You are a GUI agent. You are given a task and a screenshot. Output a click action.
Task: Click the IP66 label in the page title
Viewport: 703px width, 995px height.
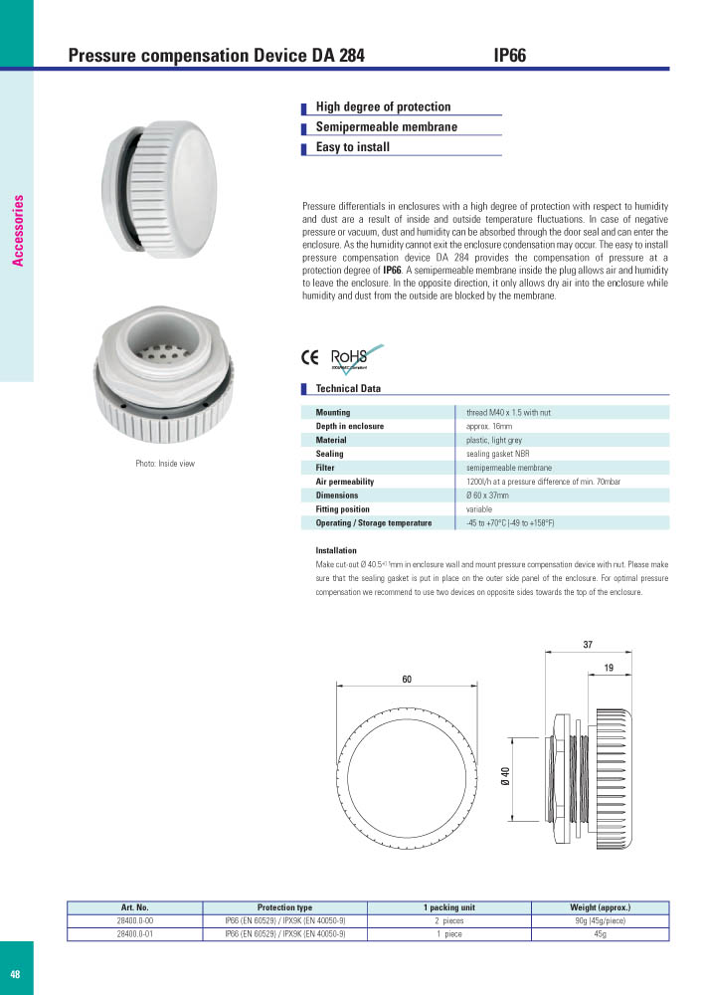tap(509, 57)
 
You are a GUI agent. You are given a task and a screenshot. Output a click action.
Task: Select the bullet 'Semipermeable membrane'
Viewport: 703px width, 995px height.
tap(386, 127)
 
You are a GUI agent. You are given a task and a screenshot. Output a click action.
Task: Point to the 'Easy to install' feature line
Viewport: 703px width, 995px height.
tap(352, 147)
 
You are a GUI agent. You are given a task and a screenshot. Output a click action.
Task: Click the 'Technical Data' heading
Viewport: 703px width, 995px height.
tap(347, 389)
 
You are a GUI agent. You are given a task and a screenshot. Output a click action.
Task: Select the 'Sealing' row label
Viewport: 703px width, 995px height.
tap(329, 454)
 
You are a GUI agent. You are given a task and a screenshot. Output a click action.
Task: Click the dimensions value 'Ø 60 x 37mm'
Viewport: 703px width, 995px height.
tap(487, 496)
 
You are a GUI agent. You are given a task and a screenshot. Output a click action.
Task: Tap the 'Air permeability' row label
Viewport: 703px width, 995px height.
tap(343, 482)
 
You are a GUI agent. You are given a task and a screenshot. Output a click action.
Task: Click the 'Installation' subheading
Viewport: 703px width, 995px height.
tap(335, 550)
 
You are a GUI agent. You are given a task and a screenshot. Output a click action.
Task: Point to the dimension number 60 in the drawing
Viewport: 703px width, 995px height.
tap(407, 679)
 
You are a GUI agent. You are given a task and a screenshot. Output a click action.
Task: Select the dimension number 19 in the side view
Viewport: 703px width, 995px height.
tap(608, 671)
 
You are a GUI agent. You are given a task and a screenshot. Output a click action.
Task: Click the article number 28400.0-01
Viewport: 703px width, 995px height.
tap(134, 934)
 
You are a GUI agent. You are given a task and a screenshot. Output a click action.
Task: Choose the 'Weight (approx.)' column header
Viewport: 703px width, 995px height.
tap(601, 907)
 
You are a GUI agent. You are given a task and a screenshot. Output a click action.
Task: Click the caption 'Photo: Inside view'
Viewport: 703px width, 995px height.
tap(165, 465)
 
